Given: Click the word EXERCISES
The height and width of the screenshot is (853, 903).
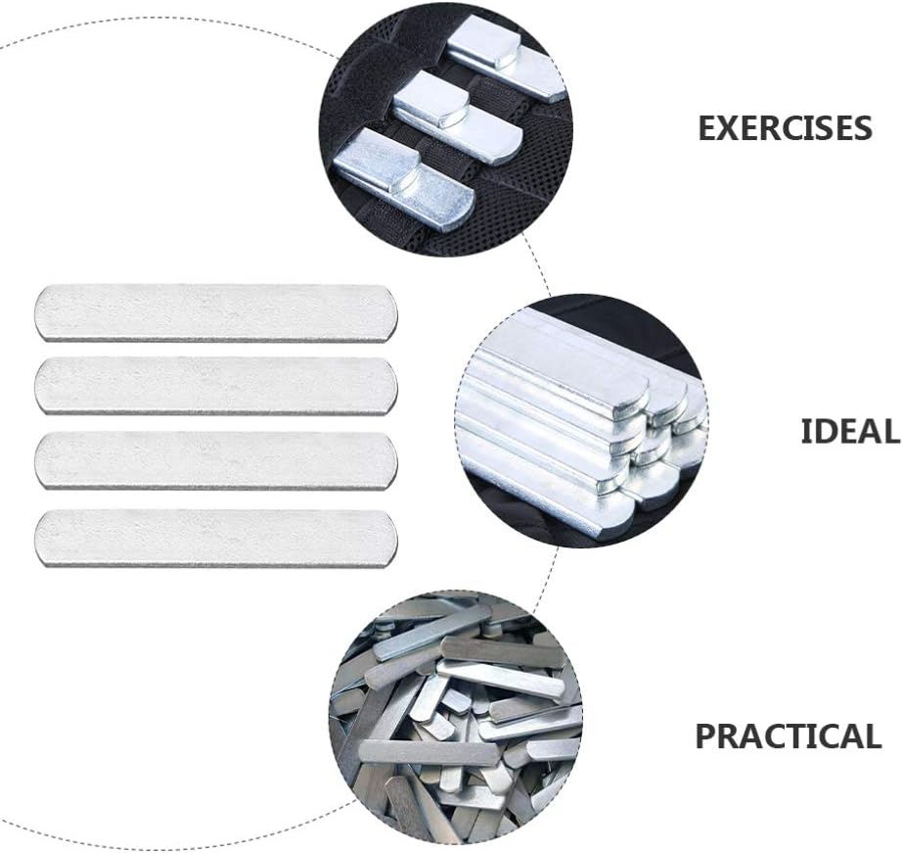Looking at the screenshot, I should [x=785, y=128].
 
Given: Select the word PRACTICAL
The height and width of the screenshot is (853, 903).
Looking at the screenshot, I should [x=788, y=736].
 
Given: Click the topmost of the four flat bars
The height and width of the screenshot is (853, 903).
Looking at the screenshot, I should [x=216, y=312].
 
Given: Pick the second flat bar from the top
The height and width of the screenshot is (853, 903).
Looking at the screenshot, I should [x=216, y=385].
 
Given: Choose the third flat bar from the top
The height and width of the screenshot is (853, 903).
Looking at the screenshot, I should [x=216, y=460].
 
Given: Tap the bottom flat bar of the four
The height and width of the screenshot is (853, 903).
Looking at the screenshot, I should [x=216, y=537].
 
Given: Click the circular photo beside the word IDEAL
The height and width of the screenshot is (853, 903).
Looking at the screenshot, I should [x=582, y=421].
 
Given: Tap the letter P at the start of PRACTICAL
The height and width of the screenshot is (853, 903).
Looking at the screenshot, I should [x=706, y=736].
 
